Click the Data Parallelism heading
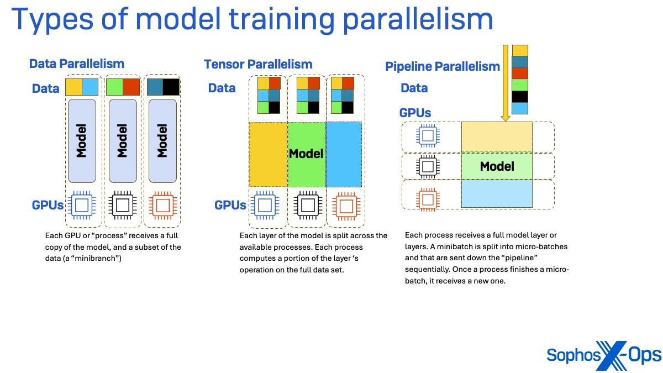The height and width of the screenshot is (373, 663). pyautogui.click(x=76, y=64)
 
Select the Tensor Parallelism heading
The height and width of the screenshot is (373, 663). pyautogui.click(x=258, y=64)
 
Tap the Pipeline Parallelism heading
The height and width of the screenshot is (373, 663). pyautogui.click(x=442, y=67)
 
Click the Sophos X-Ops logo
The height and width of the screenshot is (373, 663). pyautogui.click(x=603, y=354)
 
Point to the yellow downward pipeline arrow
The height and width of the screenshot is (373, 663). pyautogui.click(x=505, y=83)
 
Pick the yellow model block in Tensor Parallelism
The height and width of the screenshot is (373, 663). pyautogui.click(x=267, y=154)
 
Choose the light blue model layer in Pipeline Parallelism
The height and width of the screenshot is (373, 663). pyautogui.click(x=497, y=194)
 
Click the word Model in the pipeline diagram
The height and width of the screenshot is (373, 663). pyautogui.click(x=497, y=166)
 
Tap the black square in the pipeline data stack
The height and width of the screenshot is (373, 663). pyautogui.click(x=520, y=97)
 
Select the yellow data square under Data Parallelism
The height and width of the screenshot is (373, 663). pyautogui.click(x=73, y=87)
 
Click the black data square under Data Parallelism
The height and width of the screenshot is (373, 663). pyautogui.click(x=171, y=87)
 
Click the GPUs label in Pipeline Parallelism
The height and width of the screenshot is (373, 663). pyautogui.click(x=415, y=113)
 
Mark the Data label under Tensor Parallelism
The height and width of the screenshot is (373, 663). pyautogui.click(x=222, y=88)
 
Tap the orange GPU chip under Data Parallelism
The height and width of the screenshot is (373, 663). pyautogui.click(x=162, y=206)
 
